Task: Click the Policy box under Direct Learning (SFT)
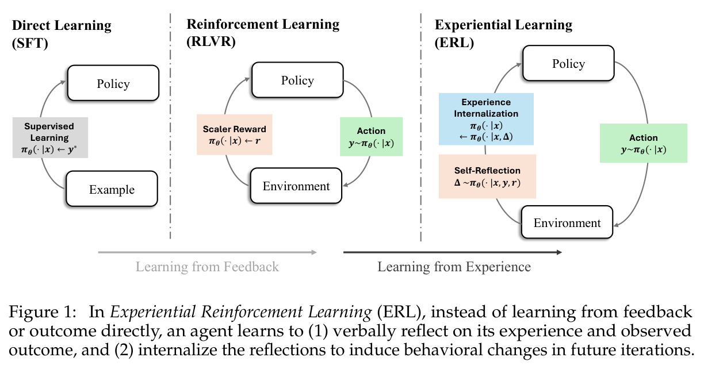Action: [x=113, y=83]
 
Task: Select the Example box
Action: [x=112, y=189]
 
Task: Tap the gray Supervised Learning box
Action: [x=50, y=137]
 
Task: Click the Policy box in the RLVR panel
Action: [x=297, y=80]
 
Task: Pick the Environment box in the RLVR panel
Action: [x=296, y=186]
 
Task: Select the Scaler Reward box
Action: [x=235, y=134]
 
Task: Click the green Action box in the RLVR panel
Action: [x=371, y=137]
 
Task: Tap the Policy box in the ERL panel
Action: [x=568, y=63]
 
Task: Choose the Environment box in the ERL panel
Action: [x=567, y=222]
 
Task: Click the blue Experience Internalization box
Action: [x=486, y=119]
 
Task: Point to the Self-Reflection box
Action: [x=488, y=176]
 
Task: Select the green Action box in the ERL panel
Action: [x=644, y=143]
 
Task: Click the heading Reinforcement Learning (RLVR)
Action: [x=263, y=33]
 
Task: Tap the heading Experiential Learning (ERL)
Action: [x=503, y=33]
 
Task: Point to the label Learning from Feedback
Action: [x=207, y=267]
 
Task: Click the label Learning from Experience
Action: [x=454, y=267]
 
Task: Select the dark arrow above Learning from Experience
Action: [x=453, y=252]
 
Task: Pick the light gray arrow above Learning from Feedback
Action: [x=208, y=252]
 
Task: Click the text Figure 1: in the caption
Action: [x=43, y=312]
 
